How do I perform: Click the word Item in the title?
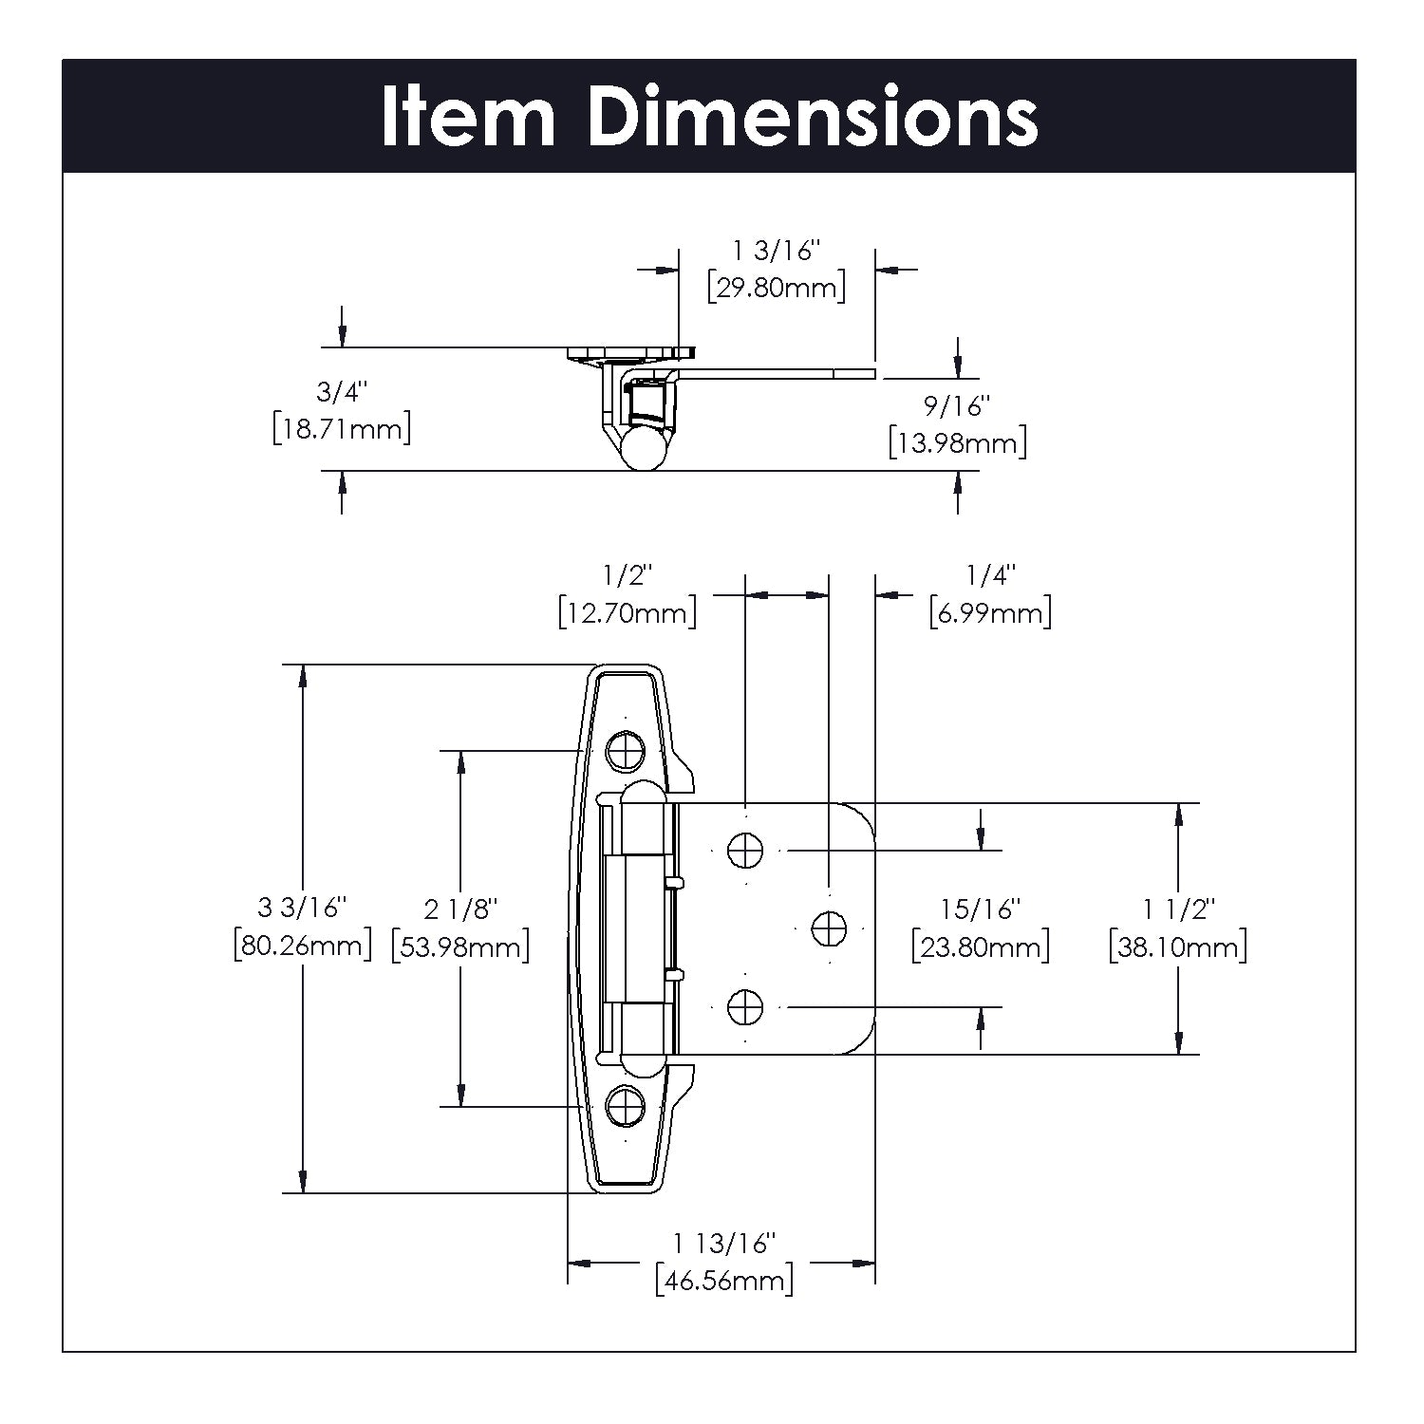468,117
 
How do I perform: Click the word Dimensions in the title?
813,117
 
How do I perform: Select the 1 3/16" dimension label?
776,251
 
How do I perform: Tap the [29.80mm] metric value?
776,287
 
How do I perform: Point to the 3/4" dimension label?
341,391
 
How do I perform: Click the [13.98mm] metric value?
957,442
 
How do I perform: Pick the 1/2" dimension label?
628,575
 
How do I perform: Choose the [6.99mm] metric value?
990,612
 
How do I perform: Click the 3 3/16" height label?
303,908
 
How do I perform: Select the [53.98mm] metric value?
460,946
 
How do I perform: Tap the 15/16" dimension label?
981,909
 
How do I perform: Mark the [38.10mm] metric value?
1178,946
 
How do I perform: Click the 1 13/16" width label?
724,1243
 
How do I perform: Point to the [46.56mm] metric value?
724,1280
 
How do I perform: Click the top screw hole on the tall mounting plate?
626,750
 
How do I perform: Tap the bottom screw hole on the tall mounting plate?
626,1104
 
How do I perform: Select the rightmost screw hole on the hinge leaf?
829,927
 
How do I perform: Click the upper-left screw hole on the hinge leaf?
745,850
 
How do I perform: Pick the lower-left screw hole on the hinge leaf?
745,1006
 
